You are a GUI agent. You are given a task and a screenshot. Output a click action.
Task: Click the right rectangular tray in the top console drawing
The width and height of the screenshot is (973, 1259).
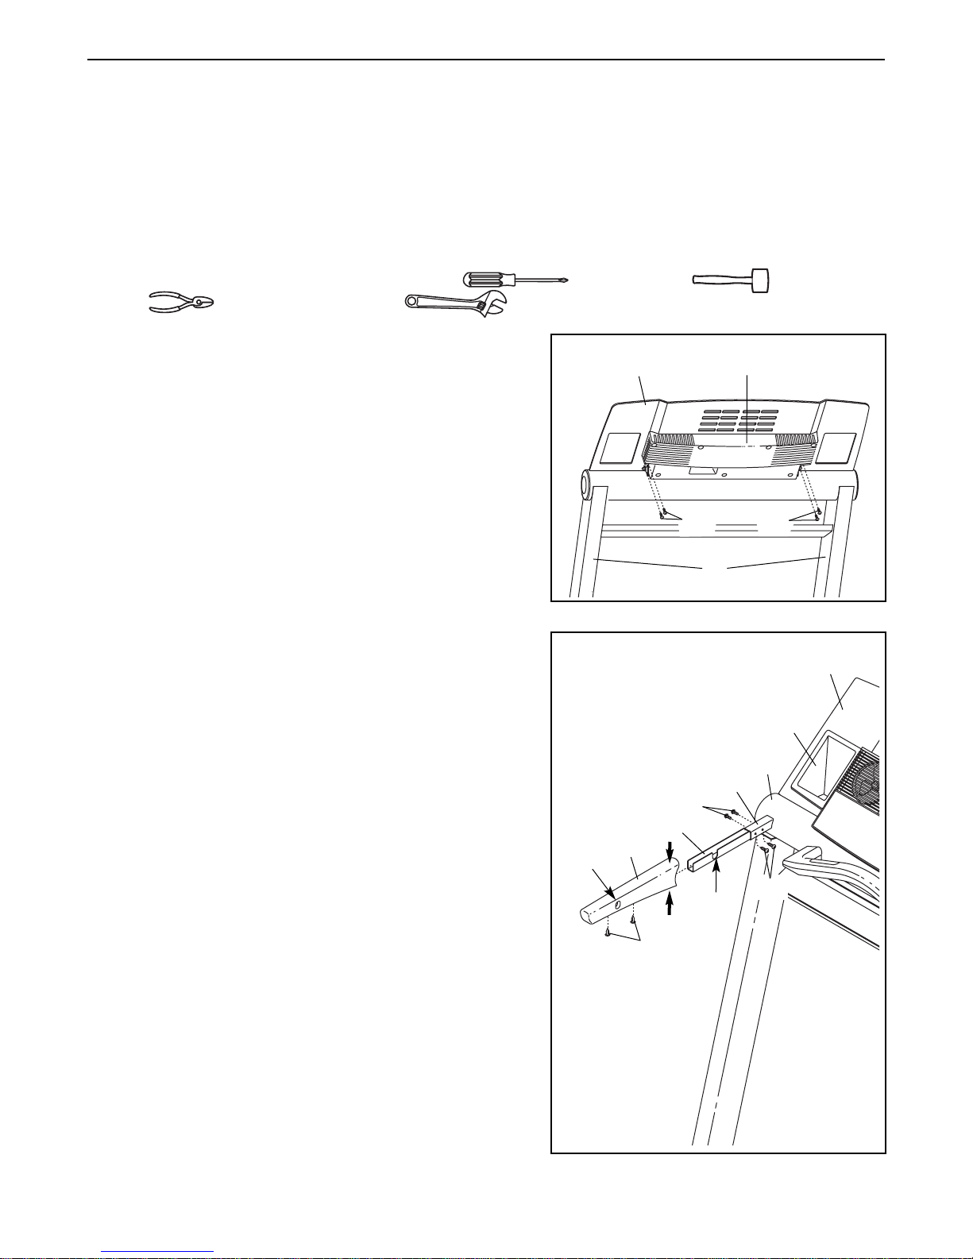coord(839,449)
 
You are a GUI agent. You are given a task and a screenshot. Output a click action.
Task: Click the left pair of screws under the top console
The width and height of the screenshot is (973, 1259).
coord(662,514)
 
